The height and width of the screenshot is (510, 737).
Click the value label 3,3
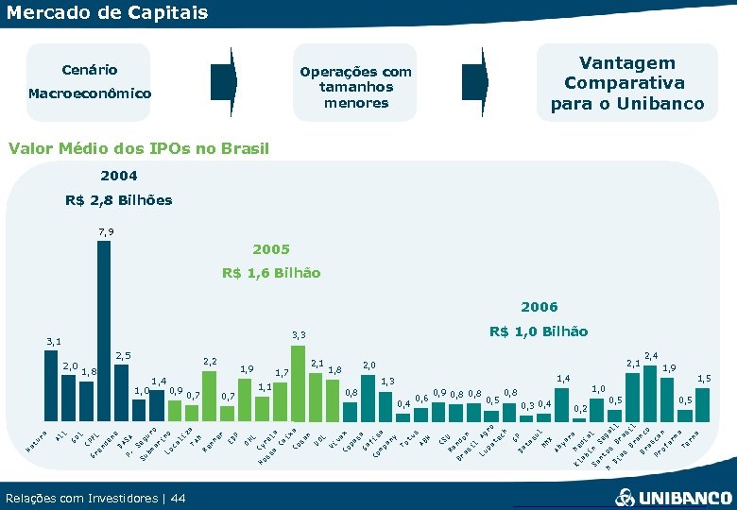click(x=299, y=334)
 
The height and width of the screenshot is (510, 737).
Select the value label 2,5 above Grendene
click(x=123, y=356)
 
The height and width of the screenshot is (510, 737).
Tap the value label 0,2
click(x=580, y=408)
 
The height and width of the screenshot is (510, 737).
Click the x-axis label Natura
click(x=34, y=437)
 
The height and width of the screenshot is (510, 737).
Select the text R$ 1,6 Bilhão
click(x=271, y=273)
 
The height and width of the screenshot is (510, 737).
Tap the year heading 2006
click(x=539, y=307)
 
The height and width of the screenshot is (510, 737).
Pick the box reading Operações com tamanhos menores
click(x=355, y=87)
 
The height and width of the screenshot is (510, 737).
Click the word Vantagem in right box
click(x=627, y=62)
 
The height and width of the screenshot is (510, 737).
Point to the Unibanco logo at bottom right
click(x=672, y=497)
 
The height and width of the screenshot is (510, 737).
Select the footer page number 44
click(x=179, y=498)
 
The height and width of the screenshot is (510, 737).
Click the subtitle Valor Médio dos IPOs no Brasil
click(x=138, y=148)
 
